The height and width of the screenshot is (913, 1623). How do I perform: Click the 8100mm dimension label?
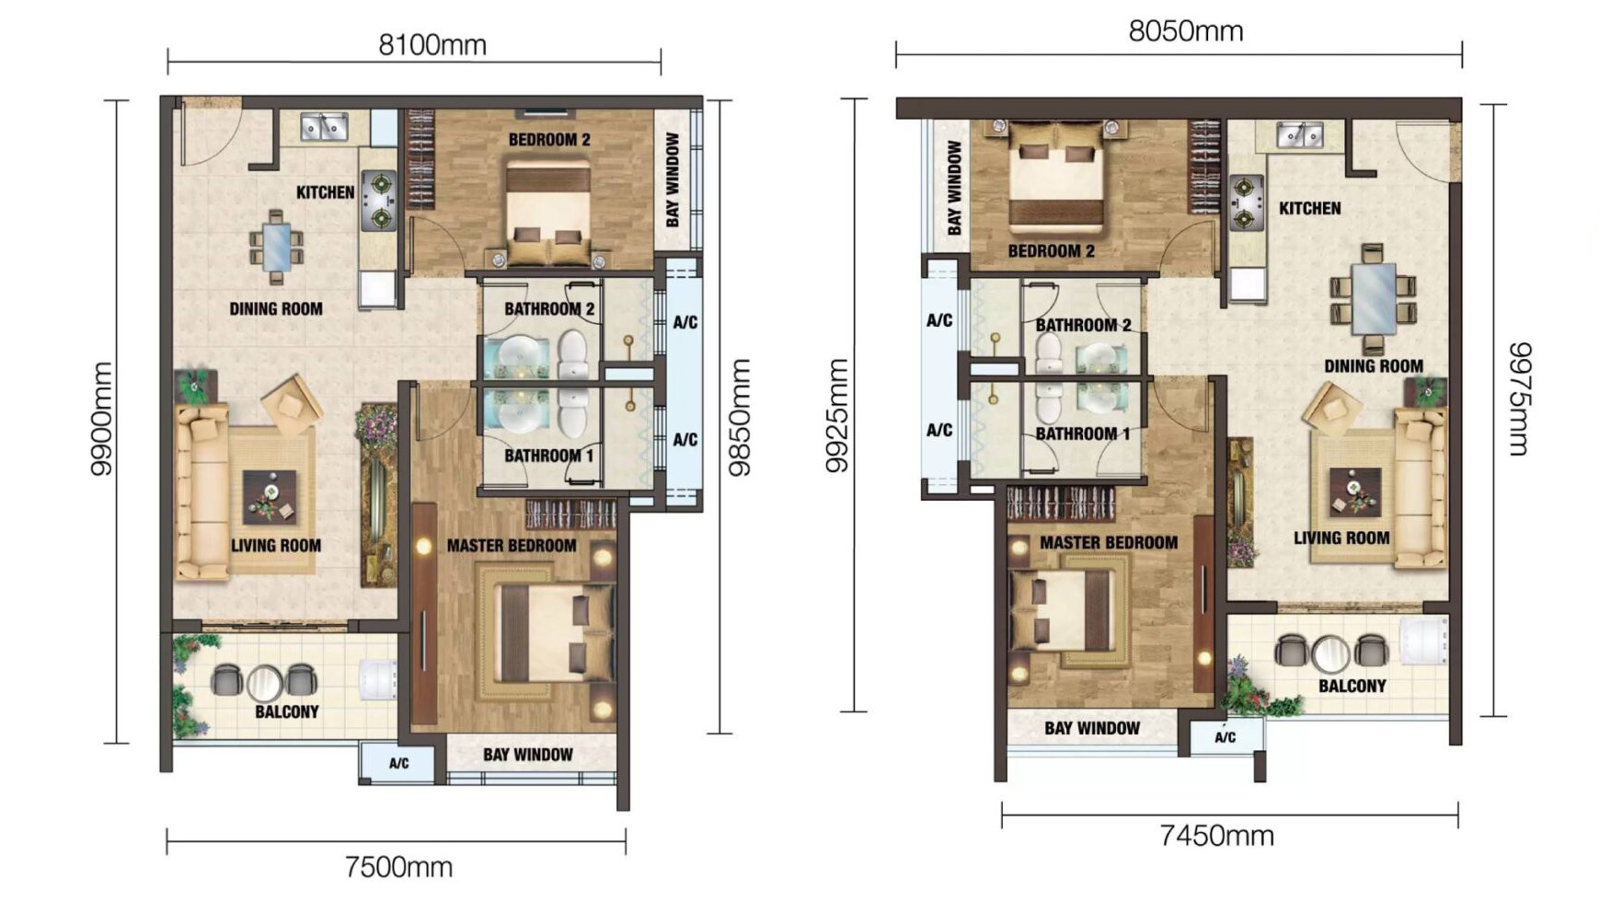coord(432,45)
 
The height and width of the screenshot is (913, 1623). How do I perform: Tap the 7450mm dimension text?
coord(1216,836)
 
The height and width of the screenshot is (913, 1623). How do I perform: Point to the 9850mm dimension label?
coord(740,417)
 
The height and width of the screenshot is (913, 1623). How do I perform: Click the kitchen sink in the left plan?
coord(324,127)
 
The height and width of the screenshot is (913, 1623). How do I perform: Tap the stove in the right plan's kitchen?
coord(1246,203)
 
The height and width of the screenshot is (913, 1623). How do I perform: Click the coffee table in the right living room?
coord(1354,492)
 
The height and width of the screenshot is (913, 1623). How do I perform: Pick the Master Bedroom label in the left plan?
coord(512,546)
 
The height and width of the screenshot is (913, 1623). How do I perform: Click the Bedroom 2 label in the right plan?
coord(1051,251)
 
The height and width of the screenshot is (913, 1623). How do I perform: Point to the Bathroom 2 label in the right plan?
coord(1083,325)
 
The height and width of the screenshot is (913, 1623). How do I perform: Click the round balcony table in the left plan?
coord(264,682)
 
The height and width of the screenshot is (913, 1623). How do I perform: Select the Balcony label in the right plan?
coord(1352,687)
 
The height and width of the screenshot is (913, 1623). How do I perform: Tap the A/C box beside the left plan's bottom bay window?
coord(398,763)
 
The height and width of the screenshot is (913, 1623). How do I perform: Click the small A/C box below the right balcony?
coord(1225,737)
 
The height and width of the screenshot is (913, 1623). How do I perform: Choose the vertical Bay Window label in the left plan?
coord(673,179)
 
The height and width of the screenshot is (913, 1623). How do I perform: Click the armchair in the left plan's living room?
coord(292,403)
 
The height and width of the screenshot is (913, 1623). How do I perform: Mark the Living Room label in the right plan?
coord(1341,538)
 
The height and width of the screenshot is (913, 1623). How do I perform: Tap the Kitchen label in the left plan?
coord(325,192)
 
